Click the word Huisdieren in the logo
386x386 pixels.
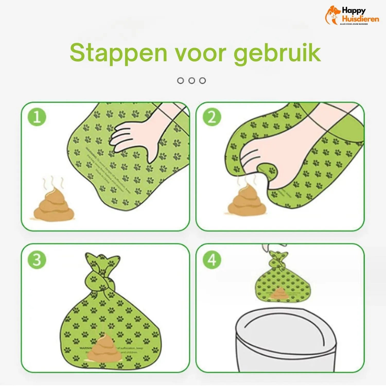360,19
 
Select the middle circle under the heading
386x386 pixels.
191,81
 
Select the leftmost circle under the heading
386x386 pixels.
180,81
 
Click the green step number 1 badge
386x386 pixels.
37,117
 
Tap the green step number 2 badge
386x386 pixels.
212,117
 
